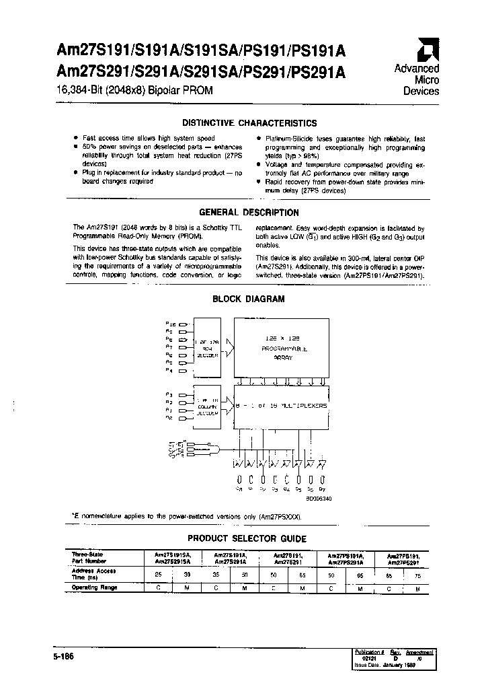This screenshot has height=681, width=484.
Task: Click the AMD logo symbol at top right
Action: (x=427, y=50)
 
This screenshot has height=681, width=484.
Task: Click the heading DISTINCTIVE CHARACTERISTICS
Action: (x=250, y=123)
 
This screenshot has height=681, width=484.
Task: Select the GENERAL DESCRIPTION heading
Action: (x=249, y=213)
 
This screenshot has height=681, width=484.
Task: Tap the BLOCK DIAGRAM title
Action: (x=249, y=299)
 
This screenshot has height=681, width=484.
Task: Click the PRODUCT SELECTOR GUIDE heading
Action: (x=247, y=538)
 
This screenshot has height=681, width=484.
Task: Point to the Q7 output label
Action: (x=323, y=491)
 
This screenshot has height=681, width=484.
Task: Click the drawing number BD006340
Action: (x=319, y=499)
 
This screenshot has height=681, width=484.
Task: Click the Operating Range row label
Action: (x=95, y=587)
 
